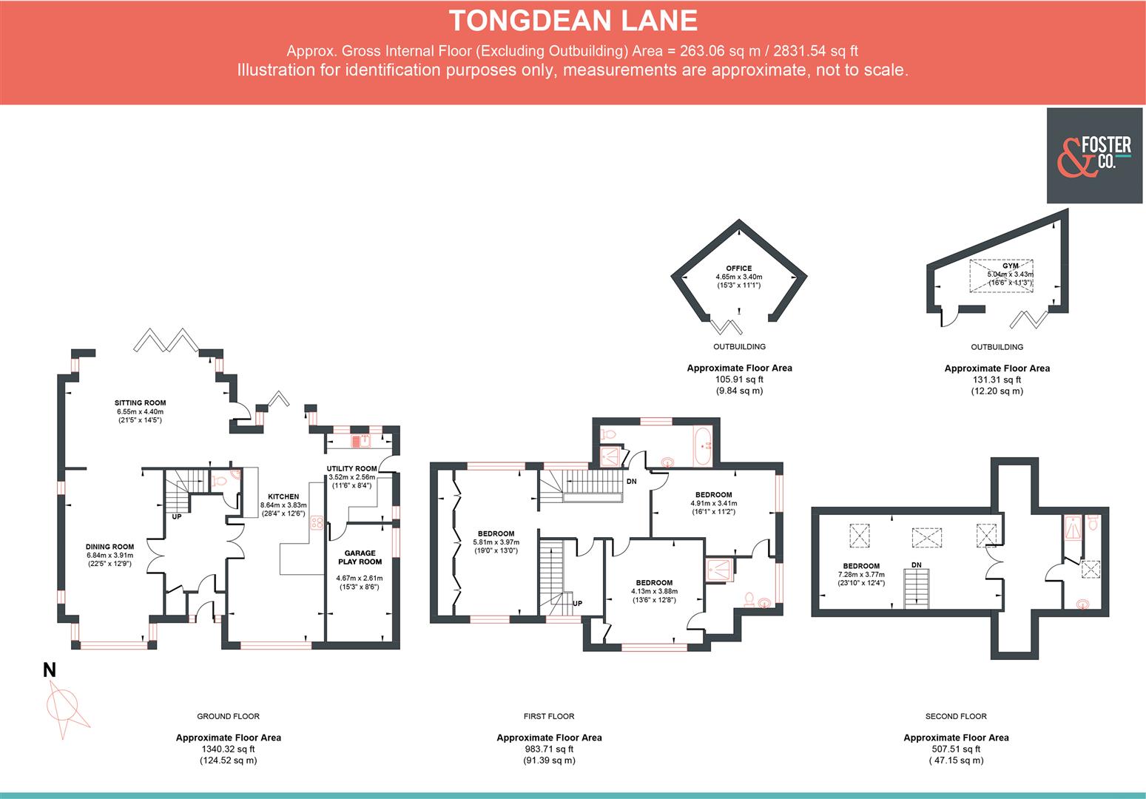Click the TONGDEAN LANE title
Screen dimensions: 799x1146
(573, 21)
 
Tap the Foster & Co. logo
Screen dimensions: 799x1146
(1093, 155)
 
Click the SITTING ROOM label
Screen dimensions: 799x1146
(140, 403)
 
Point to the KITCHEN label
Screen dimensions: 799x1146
(283, 496)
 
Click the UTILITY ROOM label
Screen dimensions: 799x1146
(351, 468)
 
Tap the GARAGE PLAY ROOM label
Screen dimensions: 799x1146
(360, 557)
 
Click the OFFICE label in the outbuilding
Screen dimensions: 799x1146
(738, 269)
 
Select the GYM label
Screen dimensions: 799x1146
(1010, 266)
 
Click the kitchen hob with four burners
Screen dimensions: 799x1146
(317, 522)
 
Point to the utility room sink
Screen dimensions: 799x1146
(359, 442)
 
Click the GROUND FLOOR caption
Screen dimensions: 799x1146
(228, 716)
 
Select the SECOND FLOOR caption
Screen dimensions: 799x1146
(956, 716)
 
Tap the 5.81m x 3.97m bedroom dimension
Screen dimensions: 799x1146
(496, 542)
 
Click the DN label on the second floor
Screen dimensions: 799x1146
(917, 564)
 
